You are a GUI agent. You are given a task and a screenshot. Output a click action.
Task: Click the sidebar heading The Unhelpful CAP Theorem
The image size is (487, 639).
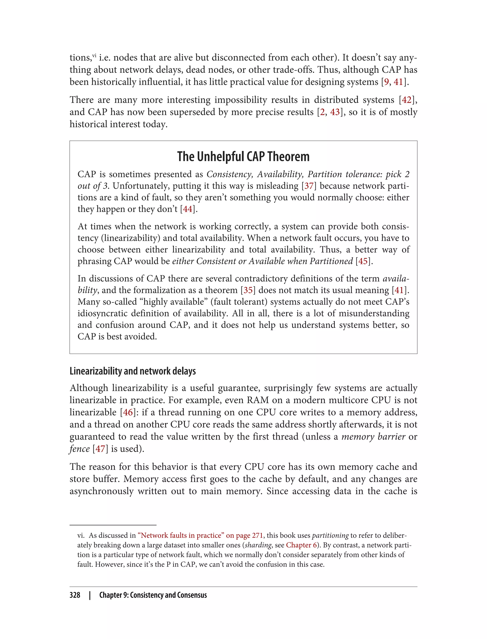[243, 157]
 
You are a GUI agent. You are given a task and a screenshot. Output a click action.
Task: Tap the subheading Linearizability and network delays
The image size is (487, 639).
[132, 371]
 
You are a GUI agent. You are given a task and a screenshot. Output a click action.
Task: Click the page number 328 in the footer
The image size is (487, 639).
[75, 595]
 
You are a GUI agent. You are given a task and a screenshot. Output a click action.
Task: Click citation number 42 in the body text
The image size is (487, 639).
[406, 100]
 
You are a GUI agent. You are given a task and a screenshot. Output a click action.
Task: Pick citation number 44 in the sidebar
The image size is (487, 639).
[188, 209]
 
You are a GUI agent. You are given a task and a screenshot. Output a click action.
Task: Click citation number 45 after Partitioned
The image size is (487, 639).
[363, 261]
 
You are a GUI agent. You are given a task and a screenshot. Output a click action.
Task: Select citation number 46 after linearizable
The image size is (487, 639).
[128, 412]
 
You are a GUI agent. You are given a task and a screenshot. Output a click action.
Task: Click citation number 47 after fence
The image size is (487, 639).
[100, 449]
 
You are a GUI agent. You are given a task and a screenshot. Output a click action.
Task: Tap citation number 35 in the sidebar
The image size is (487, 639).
[248, 290]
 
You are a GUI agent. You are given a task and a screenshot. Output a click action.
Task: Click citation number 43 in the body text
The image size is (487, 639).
[335, 112]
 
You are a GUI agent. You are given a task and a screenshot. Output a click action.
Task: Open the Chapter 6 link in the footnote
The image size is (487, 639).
[302, 545]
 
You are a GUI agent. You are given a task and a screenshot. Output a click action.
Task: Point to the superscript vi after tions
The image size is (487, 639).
[94, 55]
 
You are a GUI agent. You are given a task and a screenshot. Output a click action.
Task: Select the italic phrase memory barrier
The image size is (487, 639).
[373, 437]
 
